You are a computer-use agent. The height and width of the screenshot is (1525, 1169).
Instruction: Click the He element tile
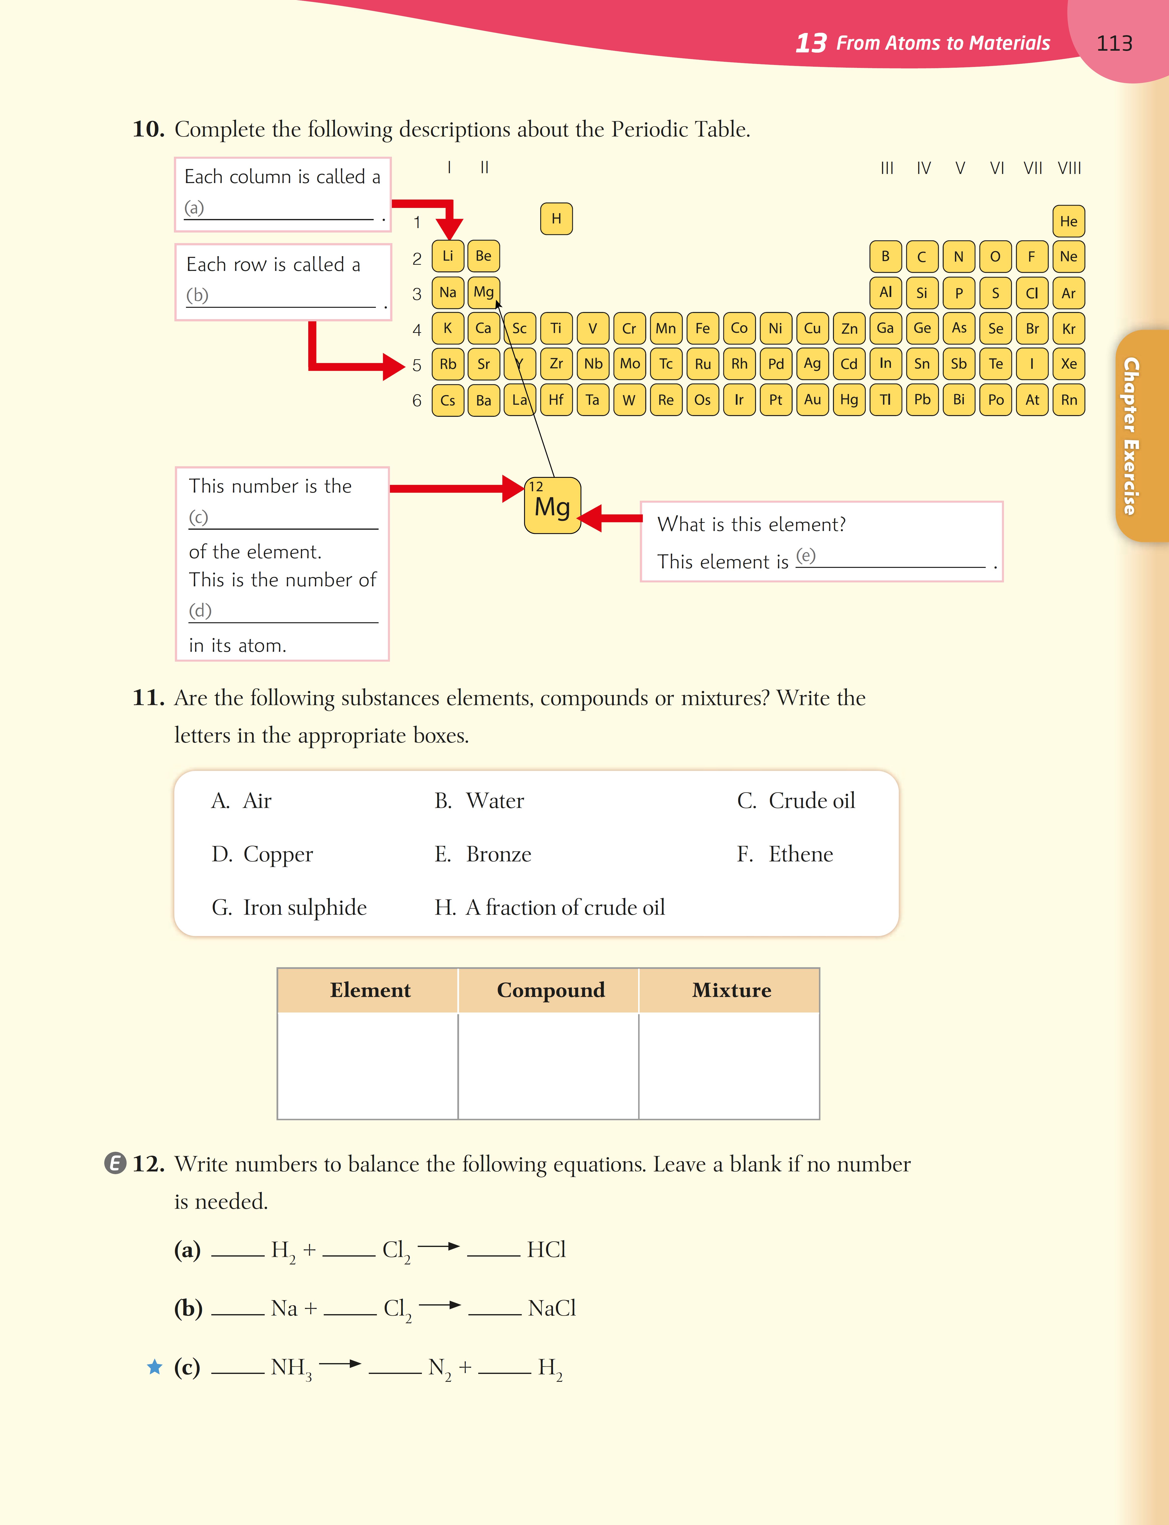tap(1068, 221)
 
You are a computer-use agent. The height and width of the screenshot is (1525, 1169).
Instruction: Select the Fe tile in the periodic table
tap(702, 328)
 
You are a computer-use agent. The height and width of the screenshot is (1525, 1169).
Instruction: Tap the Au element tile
tap(812, 400)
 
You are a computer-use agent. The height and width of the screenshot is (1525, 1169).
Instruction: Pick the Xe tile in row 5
tap(1068, 363)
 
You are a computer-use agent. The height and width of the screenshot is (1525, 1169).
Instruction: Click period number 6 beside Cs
tap(417, 400)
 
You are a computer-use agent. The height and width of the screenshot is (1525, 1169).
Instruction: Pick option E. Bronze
tap(483, 854)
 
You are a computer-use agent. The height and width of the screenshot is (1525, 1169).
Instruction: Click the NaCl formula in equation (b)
tap(551, 1308)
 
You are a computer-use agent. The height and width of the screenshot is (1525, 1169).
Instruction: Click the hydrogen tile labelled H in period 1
tap(556, 218)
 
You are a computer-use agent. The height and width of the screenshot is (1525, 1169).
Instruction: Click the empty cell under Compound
tap(548, 1065)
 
